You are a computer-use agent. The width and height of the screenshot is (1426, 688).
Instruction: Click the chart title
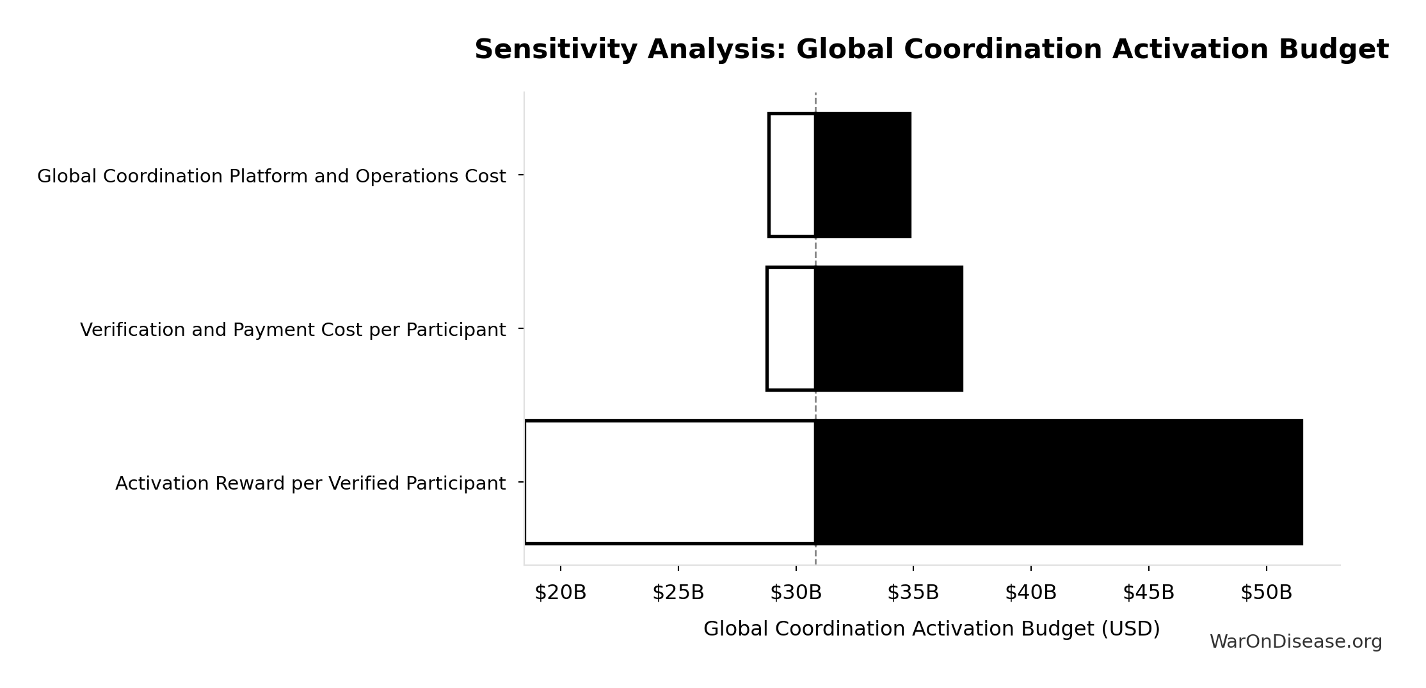[x=931, y=50]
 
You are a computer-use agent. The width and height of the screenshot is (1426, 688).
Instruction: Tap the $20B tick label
[x=560, y=593]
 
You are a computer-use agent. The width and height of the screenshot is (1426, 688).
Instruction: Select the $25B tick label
[x=678, y=593]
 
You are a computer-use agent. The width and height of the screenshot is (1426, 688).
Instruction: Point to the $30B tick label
[x=796, y=593]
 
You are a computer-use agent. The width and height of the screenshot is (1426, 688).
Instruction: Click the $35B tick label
[x=913, y=593]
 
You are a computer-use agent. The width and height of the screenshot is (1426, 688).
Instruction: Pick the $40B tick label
[x=1030, y=593]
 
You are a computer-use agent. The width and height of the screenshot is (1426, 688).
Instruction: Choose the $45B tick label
[x=1148, y=593]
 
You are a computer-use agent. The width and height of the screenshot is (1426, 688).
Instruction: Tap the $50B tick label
[x=1266, y=593]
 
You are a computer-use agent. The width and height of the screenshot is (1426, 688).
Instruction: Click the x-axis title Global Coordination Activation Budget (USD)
[x=931, y=629]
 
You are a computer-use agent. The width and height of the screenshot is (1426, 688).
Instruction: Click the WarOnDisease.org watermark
[x=1295, y=642]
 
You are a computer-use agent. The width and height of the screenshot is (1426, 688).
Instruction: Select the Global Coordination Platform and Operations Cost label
[x=271, y=176]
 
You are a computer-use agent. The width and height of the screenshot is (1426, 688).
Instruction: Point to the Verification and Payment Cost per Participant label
[x=292, y=330]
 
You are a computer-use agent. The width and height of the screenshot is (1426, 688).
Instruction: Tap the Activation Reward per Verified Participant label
[x=310, y=483]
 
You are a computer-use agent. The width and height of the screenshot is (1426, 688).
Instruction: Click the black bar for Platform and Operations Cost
[x=863, y=175]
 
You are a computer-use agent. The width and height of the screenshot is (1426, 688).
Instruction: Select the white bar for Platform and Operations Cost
[x=792, y=175]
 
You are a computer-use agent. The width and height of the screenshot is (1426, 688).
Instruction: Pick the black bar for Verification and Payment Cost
[x=888, y=328]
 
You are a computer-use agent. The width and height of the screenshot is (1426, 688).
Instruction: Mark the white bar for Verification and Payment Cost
[x=791, y=328]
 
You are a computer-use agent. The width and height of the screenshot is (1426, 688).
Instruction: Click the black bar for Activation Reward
[x=1059, y=482]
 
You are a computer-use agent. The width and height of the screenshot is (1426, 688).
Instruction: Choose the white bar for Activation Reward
[x=669, y=482]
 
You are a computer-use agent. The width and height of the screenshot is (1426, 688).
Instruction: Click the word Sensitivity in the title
[x=551, y=50]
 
